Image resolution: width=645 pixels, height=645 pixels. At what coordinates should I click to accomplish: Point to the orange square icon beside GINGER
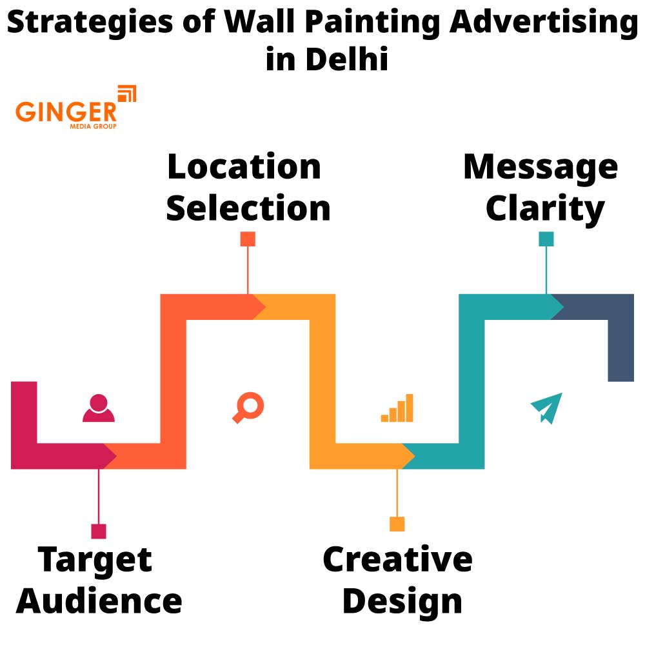click(127, 94)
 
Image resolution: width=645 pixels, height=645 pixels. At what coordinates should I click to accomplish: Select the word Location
click(244, 166)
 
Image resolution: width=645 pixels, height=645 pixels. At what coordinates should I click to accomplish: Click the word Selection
click(248, 208)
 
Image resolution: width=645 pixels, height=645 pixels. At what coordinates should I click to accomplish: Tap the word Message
click(541, 166)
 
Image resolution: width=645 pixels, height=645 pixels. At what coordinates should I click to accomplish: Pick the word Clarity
click(545, 208)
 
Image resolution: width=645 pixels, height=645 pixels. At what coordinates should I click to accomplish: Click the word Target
click(95, 559)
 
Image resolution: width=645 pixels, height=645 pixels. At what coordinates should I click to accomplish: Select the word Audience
click(99, 600)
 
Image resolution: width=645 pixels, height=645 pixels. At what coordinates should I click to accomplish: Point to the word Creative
click(397, 559)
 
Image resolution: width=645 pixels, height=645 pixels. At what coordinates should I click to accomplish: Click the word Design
click(402, 600)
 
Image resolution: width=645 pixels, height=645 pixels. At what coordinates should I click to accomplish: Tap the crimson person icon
click(99, 408)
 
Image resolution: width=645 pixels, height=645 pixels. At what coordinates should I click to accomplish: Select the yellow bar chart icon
click(397, 408)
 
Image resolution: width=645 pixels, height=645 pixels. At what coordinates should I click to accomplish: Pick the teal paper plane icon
click(546, 408)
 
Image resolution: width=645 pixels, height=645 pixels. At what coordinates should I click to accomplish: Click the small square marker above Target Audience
click(99, 531)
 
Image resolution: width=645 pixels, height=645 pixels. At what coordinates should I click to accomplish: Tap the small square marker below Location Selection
click(248, 239)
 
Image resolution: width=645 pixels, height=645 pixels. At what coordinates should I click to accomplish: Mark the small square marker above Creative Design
click(397, 524)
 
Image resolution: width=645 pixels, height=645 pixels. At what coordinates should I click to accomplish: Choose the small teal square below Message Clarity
click(546, 239)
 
